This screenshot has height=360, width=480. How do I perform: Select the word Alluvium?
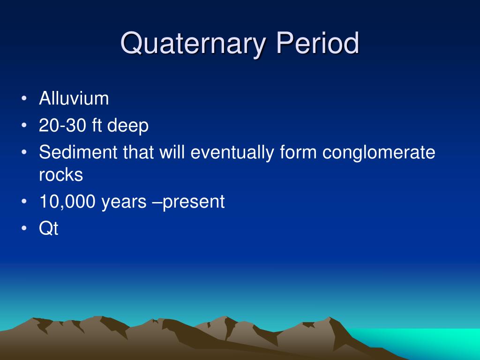click(74, 98)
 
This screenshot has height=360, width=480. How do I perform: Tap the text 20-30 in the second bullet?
click(62, 125)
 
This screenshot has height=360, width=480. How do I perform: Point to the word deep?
click(127, 126)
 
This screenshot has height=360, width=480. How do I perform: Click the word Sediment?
click(78, 152)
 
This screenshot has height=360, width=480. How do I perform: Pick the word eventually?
click(232, 153)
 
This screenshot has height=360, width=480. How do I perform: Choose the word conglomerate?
click(379, 153)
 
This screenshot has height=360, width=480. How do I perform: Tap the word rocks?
click(61, 175)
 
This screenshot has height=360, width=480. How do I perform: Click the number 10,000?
click(67, 202)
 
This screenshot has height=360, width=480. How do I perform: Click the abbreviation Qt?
click(48, 228)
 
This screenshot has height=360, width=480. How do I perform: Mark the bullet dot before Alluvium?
click(24, 98)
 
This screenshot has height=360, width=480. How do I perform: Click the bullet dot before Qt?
click(24, 228)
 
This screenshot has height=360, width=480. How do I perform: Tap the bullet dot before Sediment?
click(24, 152)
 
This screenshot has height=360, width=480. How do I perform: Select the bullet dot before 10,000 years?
click(24, 202)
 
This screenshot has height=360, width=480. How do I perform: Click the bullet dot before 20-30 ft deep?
click(24, 126)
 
